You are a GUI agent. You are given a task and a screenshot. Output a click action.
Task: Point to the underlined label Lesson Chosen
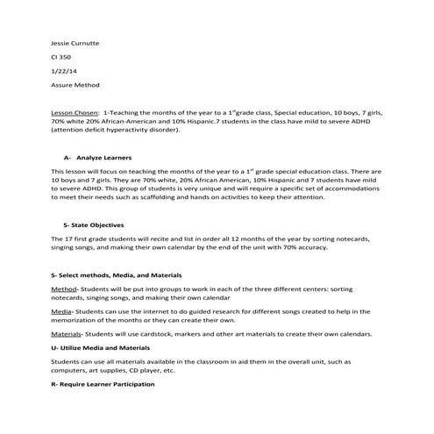pos(75,113)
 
